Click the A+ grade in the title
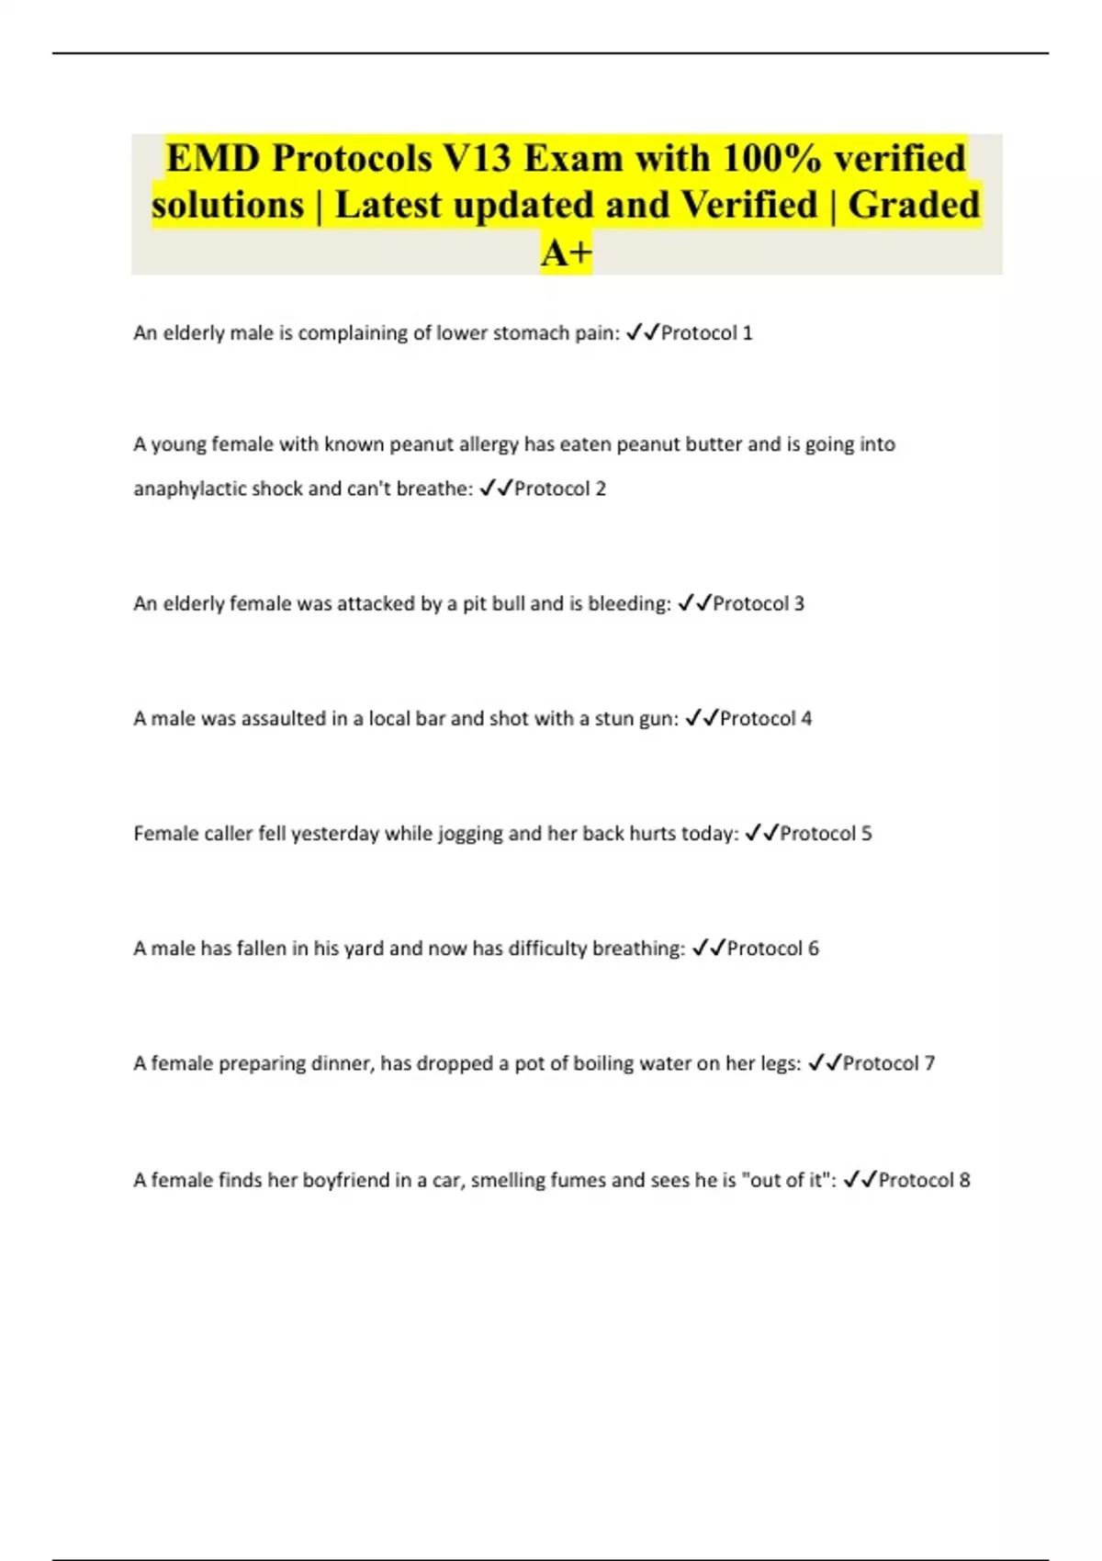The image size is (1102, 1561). tap(567, 253)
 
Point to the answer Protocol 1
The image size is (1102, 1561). tap(706, 333)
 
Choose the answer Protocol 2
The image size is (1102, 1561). tap(559, 489)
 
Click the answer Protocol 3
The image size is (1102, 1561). tap(758, 603)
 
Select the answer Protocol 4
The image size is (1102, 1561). tap(765, 718)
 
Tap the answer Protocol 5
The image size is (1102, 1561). tap(825, 834)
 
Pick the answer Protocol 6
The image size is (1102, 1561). tap(772, 949)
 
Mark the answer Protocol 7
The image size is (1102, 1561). tap(888, 1063)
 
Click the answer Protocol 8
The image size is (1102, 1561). tap(923, 1180)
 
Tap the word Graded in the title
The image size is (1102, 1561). tap(914, 205)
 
